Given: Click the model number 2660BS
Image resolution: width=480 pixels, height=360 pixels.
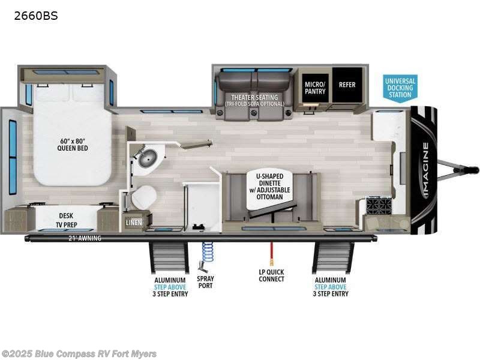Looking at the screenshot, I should click(36, 16).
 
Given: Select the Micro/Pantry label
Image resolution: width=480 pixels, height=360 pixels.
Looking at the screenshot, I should click(315, 88).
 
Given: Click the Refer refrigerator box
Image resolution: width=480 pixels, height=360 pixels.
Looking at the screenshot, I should click(347, 85).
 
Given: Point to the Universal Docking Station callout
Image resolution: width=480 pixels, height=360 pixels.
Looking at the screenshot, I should click(400, 88).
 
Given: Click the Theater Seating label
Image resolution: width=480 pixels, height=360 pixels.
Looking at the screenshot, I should click(251, 100).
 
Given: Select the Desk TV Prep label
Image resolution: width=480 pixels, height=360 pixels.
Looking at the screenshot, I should click(67, 220).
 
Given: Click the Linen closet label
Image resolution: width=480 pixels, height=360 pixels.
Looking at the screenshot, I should click(133, 223).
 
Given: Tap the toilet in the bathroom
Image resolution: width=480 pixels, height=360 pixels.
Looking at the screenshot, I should click(145, 196).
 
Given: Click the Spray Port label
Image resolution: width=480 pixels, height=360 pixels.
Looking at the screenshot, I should click(205, 282).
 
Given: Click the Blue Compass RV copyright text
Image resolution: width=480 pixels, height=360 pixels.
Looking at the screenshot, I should click(79, 353).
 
